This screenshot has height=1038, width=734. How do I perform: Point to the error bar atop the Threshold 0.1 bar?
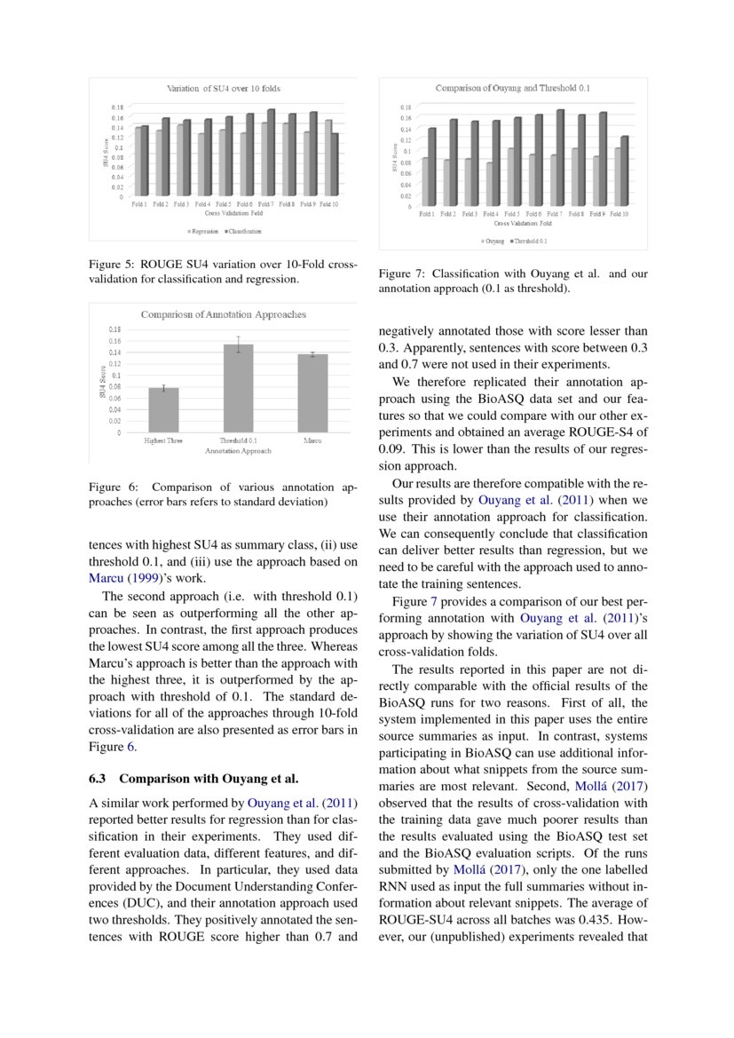click(238, 345)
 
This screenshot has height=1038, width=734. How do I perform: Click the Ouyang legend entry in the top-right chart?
click(493, 241)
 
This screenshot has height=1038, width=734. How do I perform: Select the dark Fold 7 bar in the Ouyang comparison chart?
click(561, 157)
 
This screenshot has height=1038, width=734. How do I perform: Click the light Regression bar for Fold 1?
click(137, 162)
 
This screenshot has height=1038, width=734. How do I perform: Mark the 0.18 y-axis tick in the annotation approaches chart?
click(114, 329)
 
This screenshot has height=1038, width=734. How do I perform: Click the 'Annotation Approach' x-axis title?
click(237, 451)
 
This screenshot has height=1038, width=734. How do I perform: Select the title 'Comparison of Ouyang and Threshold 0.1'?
click(512, 89)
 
